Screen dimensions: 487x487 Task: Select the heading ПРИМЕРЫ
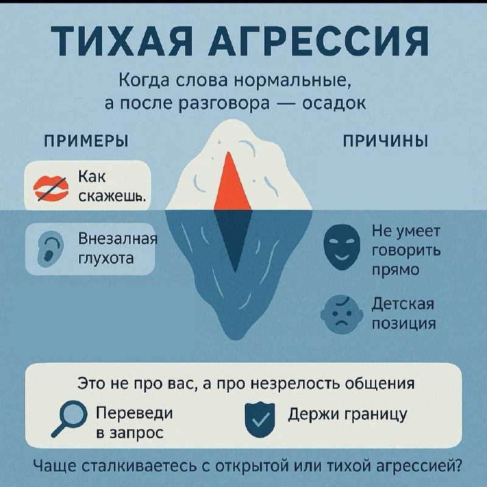pyautogui.click(x=85, y=141)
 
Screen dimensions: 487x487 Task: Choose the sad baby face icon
pyautogui.click(x=338, y=314)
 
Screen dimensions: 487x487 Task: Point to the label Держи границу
pyautogui.click(x=347, y=414)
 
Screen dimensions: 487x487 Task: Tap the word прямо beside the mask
pyautogui.click(x=395, y=269)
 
